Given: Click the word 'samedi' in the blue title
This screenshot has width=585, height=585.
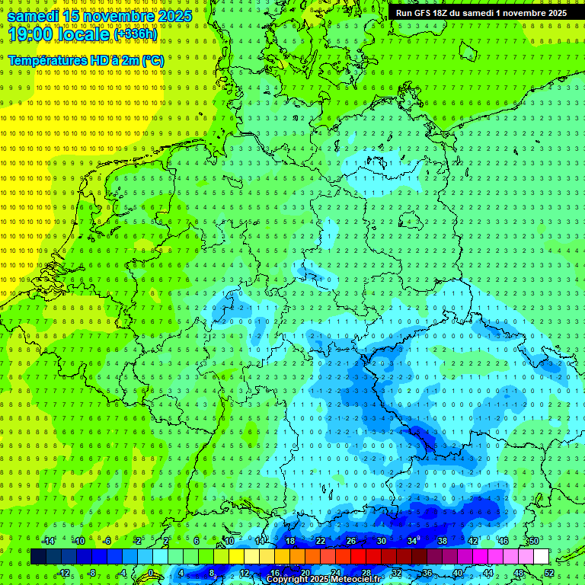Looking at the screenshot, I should point(33,16).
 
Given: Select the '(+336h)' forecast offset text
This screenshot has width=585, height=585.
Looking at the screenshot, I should point(136,34).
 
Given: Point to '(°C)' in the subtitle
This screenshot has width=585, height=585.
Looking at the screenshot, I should point(151,60).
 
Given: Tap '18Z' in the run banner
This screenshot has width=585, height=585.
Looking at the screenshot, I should point(442,13).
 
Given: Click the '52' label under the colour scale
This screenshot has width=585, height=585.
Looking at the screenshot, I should point(549,573).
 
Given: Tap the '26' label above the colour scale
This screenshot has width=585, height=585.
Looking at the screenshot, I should point(350,541).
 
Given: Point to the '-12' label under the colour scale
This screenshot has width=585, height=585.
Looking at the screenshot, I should point(64,573).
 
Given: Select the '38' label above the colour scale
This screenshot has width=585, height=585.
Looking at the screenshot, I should point(443,541).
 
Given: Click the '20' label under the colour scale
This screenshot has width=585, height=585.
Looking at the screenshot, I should point(305,573).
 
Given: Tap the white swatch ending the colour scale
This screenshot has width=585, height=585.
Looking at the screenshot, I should point(541,557).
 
